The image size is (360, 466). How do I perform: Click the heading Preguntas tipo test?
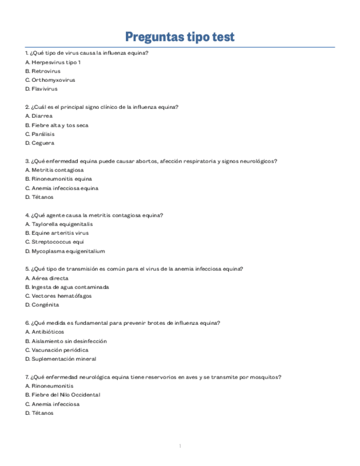point(180,37)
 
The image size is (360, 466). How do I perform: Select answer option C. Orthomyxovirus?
point(50,80)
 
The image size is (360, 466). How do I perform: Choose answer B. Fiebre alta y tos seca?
point(57,125)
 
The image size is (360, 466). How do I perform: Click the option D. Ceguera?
point(40,143)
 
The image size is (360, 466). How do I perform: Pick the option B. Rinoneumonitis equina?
point(58,179)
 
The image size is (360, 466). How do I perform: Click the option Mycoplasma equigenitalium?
point(65,251)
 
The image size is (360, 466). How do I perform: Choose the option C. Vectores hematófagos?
point(58,296)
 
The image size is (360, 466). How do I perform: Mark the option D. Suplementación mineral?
point(60,359)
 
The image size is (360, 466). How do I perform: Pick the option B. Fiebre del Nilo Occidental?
point(63,395)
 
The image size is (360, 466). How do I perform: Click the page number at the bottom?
point(180,446)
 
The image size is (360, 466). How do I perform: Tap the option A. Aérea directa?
point(47,278)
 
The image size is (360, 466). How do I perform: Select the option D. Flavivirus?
point(41,89)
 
